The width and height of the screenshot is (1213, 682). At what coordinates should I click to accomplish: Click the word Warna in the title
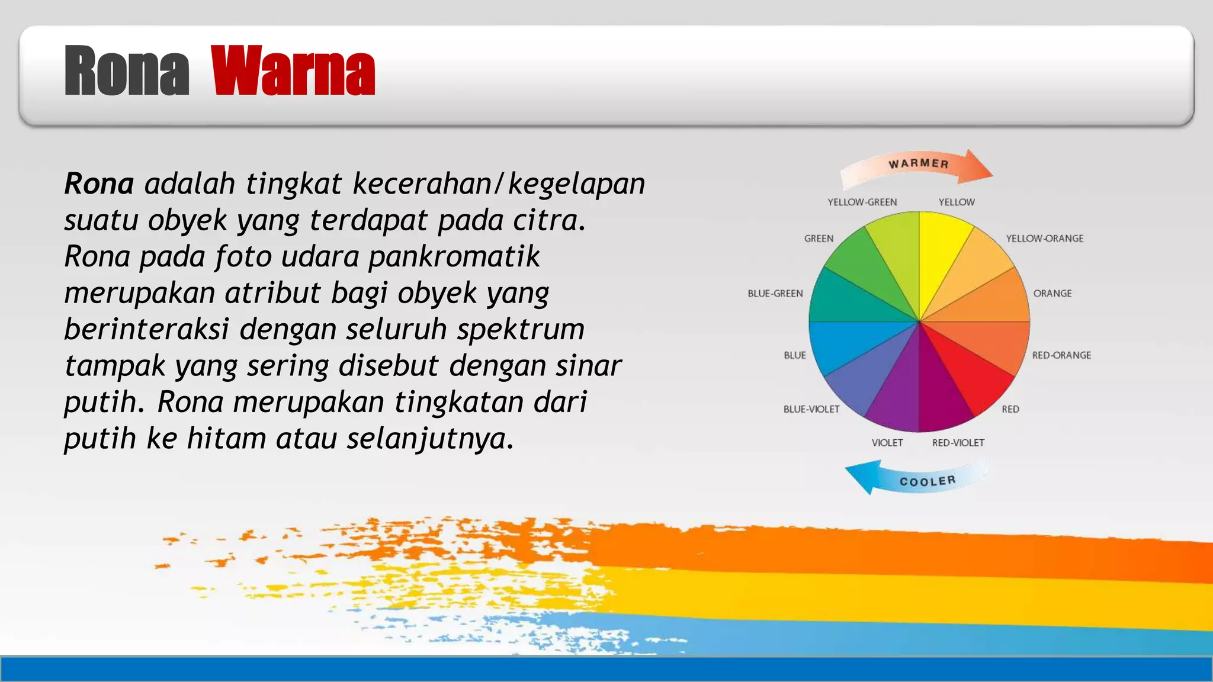coord(293,72)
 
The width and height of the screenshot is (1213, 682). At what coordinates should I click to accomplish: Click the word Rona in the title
coord(126,72)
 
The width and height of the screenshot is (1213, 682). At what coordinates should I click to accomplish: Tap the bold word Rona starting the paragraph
coord(98,184)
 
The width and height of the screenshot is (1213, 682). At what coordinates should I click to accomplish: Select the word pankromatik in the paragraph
coord(454,257)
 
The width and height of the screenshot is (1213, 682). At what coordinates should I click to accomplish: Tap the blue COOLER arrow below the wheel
coord(918,479)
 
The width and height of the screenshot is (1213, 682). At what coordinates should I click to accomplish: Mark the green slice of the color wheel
coord(856,266)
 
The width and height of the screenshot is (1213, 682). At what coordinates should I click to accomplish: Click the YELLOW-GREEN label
coord(862,202)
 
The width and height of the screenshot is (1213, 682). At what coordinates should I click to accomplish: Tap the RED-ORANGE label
coord(1061,355)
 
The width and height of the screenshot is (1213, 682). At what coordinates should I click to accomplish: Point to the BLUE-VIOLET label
coord(811,409)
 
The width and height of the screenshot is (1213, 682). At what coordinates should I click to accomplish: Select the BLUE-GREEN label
coord(775,294)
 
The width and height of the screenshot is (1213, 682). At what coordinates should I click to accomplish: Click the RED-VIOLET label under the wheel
coord(958,443)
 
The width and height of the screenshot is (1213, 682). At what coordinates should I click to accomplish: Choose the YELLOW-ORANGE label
coord(1044,239)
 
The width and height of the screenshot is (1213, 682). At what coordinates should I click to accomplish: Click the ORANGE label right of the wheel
coord(1052,294)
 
